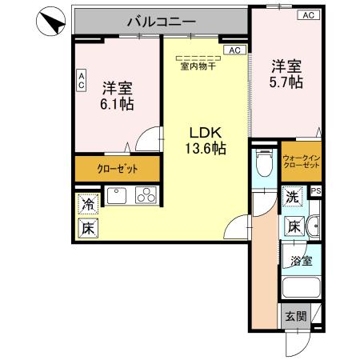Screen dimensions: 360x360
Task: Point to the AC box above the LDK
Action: [235, 50]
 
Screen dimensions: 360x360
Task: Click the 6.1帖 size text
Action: [117, 104]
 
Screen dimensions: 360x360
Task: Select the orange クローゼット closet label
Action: [117, 169]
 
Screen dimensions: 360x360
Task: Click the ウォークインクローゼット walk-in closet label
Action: [301, 160]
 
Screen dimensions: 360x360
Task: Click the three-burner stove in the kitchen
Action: [145, 194]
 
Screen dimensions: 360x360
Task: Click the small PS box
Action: [315, 191]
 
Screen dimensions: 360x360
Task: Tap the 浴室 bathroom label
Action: [301, 260]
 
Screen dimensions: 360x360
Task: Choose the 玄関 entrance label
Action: [294, 316]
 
